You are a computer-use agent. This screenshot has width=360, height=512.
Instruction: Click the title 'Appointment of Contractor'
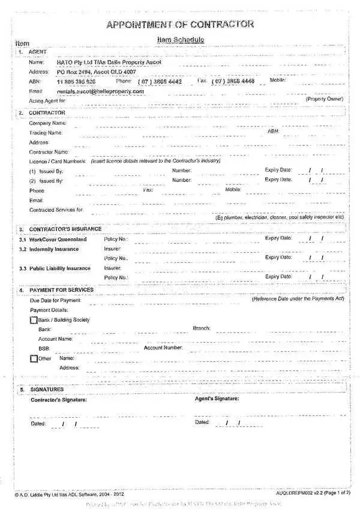coord(180,25)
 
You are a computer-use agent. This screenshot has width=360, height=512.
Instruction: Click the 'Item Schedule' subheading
coord(180,40)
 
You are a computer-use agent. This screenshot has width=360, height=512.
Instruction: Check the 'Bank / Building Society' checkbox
coord(34,320)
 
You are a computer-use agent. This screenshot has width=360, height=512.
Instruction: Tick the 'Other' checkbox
coord(34,358)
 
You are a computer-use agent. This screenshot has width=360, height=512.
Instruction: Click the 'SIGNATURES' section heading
coord(46,390)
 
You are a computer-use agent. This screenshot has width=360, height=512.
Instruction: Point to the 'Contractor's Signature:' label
coord(58,400)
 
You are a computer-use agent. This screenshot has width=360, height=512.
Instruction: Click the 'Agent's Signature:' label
coord(217,399)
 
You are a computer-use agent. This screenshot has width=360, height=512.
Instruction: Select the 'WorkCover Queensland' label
coord(58,239)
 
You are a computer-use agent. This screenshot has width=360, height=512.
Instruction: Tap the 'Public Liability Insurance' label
coord(59,268)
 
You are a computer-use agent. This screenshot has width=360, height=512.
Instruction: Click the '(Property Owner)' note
coord(325,98)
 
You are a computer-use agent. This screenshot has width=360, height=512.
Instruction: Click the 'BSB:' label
coord(44,349)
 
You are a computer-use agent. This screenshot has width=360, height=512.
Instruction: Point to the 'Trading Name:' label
coord(46,133)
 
